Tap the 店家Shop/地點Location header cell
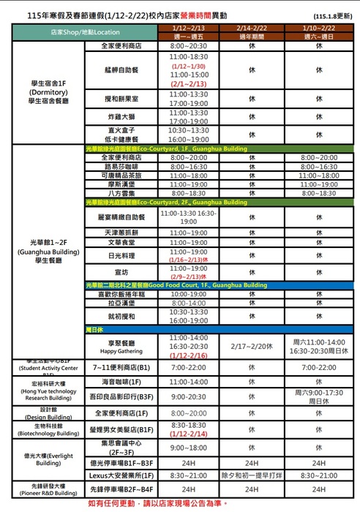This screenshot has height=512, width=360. (86, 33)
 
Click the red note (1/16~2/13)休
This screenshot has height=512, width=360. (188, 260)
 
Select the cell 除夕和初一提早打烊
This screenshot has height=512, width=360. (251, 475)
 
